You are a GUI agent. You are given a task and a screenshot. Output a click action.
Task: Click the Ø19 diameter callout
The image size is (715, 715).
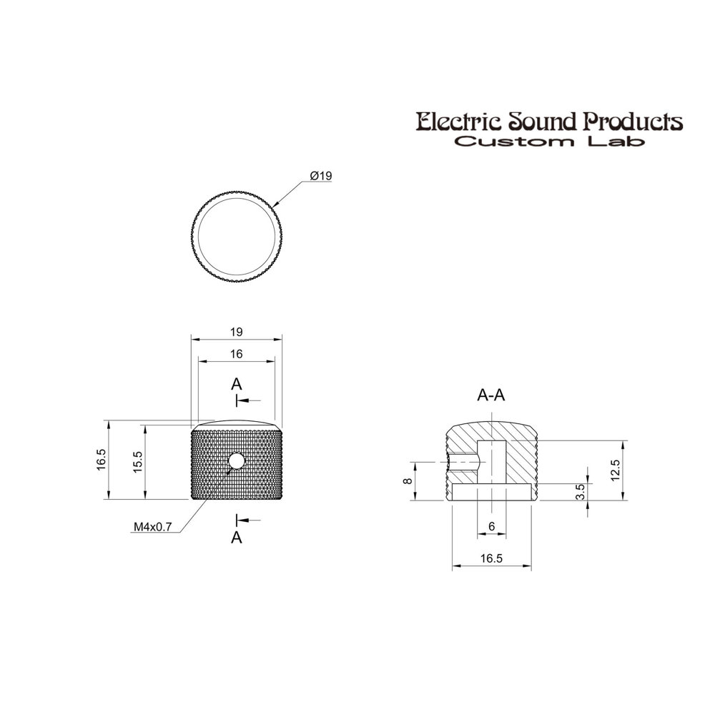coord(321,176)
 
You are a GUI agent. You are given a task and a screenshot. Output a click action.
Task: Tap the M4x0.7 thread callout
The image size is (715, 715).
coord(153,527)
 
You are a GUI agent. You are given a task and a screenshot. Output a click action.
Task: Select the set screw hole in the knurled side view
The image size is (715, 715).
coord(236,461)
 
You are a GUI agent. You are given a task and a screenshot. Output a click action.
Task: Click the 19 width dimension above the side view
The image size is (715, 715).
coord(236,332)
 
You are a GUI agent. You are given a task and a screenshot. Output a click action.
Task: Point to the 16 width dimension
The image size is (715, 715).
coord(236,354)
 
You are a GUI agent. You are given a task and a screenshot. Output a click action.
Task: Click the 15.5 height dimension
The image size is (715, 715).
coord(138,462)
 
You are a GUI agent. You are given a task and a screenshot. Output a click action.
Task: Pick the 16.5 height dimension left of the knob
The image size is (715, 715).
coord(102,460)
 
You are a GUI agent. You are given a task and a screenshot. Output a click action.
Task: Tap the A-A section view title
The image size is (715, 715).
coord(491,395)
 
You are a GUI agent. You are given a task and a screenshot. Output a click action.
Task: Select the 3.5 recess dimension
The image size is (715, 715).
coord(580,492)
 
